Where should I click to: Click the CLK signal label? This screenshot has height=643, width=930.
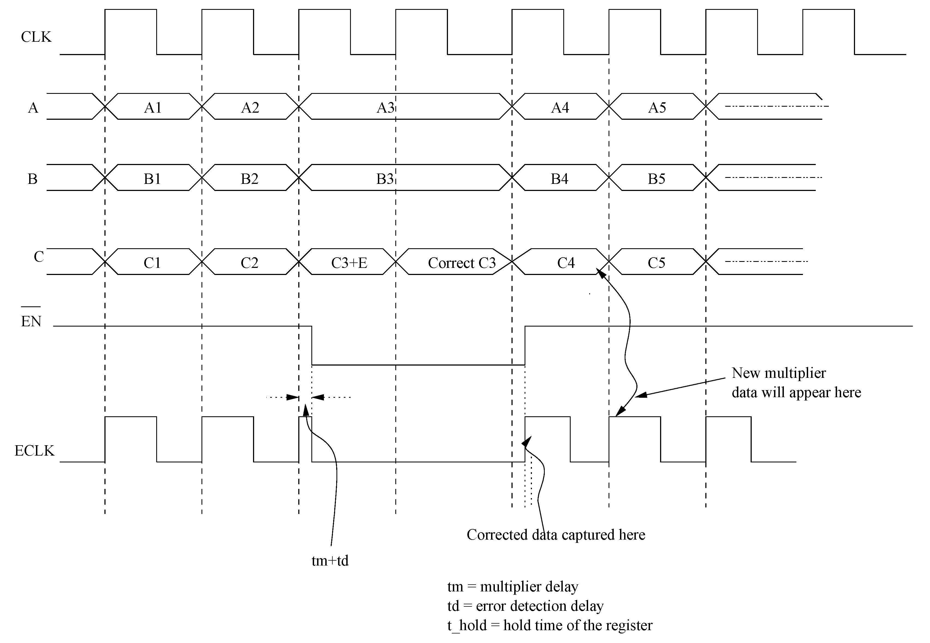pos(36,37)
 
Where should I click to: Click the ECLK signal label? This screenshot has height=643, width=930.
pos(34,450)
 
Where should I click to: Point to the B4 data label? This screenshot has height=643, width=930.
pos(559,178)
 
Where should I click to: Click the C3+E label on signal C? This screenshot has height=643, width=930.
pos(349,263)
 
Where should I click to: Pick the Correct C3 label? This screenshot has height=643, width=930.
pos(461,263)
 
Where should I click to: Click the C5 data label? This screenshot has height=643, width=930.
pos(656,263)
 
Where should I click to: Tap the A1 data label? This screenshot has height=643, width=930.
pos(153,107)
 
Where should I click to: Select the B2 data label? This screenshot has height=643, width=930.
pos(249,178)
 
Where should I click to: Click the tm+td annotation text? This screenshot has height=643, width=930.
pos(330,560)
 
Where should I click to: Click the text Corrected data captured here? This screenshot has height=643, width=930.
pos(556,535)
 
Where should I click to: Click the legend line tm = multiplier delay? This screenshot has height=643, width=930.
pos(513,587)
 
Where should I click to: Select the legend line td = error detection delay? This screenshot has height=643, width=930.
pos(525,606)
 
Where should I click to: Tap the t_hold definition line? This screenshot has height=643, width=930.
pos(550,625)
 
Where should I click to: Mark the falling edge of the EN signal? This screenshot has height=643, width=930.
pos(312,345)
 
